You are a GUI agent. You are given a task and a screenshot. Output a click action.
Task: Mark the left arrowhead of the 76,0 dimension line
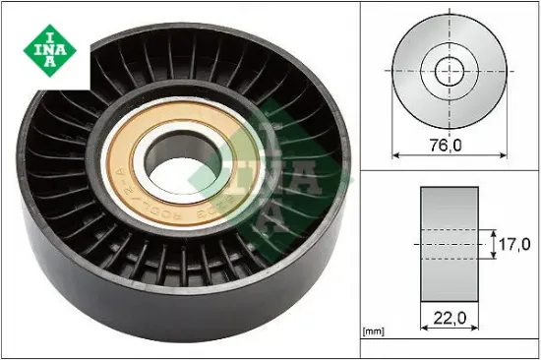pyautogui.click(x=396, y=154)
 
